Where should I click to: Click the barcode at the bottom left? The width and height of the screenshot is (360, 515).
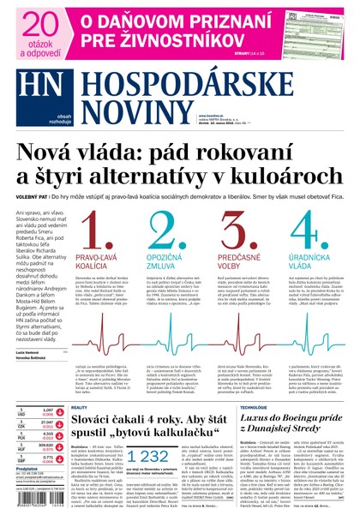coord(35,506)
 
